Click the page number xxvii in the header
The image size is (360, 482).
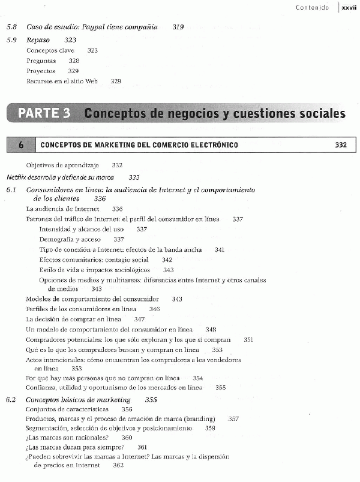tap(349, 7)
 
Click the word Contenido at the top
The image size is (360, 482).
tap(312, 7)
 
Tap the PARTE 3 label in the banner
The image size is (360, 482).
tap(44, 113)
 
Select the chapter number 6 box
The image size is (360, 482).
tap(21, 145)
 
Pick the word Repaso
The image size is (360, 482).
tap(38, 40)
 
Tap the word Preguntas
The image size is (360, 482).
tap(41, 61)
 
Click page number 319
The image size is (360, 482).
tap(178, 27)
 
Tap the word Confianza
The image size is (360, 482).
tap(41, 388)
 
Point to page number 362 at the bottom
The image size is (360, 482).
tap(118, 466)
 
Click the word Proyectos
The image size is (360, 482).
tap(41, 71)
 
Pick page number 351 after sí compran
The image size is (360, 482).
tap(248, 339)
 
